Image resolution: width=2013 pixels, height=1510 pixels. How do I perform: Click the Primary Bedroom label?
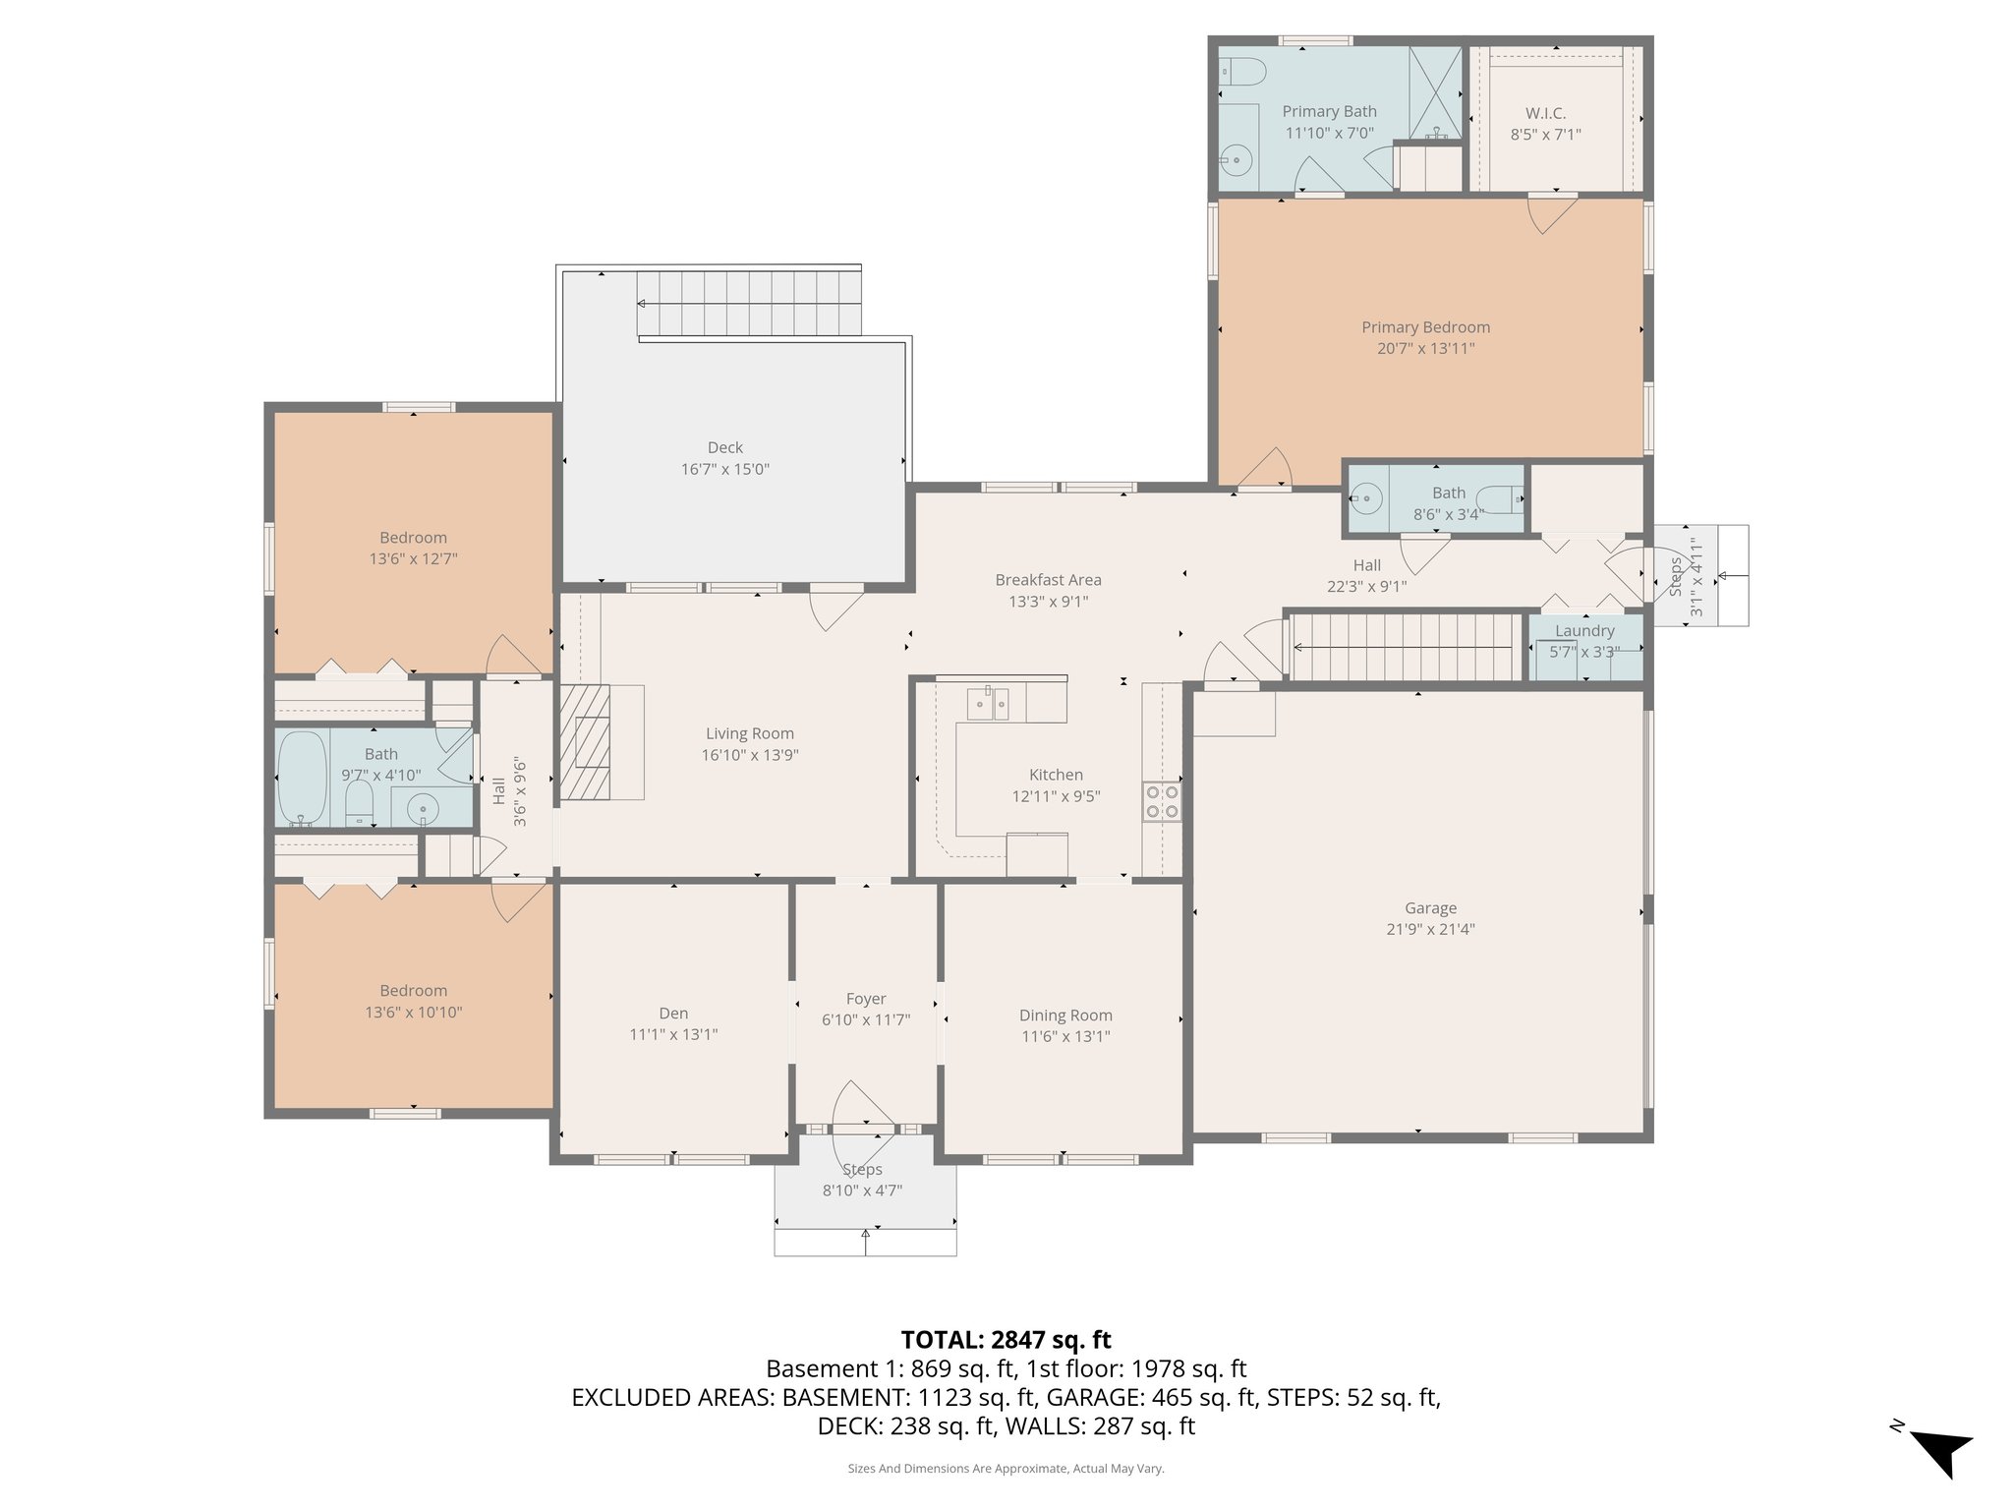1425,327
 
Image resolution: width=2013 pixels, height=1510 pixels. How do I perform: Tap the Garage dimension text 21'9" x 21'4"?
1430,929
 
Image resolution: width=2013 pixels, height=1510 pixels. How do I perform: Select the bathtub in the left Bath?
302,777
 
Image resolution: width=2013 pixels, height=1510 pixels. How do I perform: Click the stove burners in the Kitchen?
1162,800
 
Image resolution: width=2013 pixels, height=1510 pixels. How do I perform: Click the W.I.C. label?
1545,113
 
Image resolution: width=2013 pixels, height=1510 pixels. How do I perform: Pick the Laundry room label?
1583,630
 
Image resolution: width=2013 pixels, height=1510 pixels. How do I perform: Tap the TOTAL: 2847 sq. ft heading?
1006,1339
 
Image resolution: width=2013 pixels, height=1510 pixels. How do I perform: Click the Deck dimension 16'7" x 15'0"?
724,469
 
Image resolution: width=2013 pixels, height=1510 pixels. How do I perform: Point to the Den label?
673,1013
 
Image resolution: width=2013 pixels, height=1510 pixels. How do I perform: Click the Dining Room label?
1065,1015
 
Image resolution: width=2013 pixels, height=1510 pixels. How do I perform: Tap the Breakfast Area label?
1048,580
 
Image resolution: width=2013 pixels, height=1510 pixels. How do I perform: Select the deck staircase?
750,303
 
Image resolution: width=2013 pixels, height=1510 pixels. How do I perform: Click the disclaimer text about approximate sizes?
1006,1468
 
